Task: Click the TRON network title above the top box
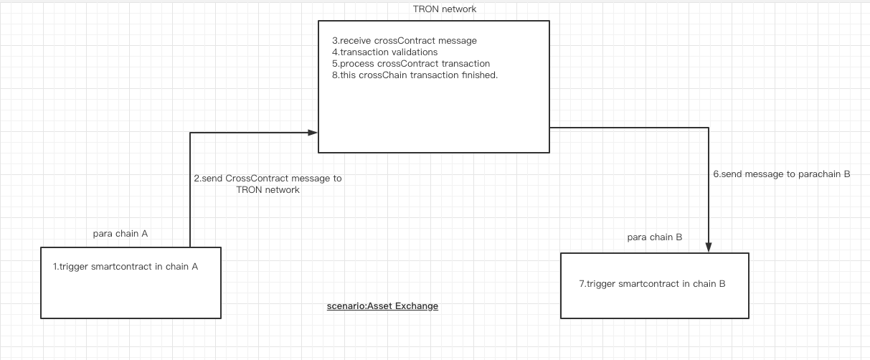pos(444,9)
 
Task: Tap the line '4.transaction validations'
pos(384,52)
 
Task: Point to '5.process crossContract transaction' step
pos(410,63)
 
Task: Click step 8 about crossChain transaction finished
pos(415,75)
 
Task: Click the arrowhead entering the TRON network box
pos(313,133)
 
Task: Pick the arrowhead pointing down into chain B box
pos(709,247)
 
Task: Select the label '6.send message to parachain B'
pos(781,174)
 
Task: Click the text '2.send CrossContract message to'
pos(268,178)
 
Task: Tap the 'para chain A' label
pos(120,234)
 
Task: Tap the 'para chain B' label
pos(654,237)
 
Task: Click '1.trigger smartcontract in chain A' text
pos(126,266)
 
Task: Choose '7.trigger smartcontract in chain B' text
pos(652,283)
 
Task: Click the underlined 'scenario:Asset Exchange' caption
pos(382,306)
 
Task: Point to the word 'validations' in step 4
pos(413,52)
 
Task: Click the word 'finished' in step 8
pos(478,75)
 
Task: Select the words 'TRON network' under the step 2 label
pos(268,190)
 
